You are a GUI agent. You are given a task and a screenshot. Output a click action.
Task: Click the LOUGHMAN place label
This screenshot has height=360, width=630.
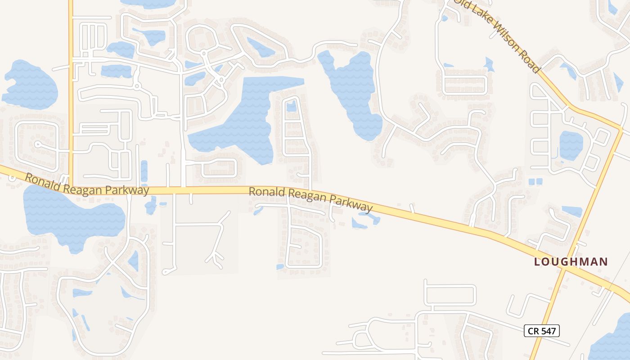click(571, 261)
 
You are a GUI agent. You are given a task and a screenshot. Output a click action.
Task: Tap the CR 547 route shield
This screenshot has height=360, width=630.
click(542, 331)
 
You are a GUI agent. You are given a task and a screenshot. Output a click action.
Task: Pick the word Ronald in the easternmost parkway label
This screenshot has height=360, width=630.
click(267, 192)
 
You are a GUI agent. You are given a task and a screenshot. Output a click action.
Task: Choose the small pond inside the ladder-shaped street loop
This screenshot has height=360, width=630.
click(292, 106)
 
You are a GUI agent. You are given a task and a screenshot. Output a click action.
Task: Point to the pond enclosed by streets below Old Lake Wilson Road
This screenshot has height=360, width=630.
click(571, 145)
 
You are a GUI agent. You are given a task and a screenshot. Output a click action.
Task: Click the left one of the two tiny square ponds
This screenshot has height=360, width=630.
click(531, 182)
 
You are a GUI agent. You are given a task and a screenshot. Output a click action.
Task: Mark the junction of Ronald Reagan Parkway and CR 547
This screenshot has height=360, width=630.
click(564, 266)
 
